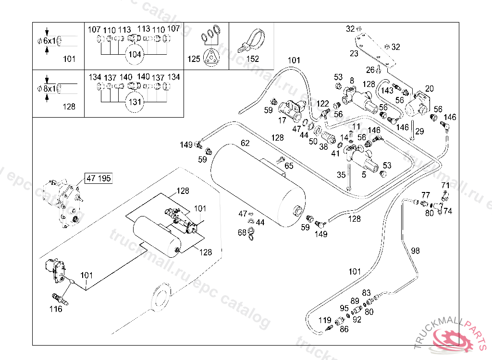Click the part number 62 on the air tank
click(245, 143)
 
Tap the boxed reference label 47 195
click(98, 179)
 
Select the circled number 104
click(135, 54)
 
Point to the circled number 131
click(135, 102)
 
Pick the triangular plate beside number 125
click(210, 57)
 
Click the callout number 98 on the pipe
click(416, 251)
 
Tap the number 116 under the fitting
click(56, 309)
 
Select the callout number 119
click(325, 320)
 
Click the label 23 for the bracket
click(354, 54)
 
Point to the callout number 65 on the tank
click(289, 166)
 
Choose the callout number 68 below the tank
click(242, 233)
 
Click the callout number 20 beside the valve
click(429, 88)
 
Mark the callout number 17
click(282, 120)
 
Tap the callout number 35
click(341, 175)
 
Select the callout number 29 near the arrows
click(419, 131)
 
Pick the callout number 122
click(323, 104)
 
